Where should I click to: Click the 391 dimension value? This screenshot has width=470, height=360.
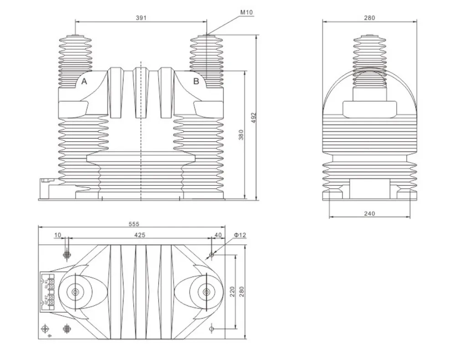(141, 18)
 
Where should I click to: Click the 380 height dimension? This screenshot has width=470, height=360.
(241, 135)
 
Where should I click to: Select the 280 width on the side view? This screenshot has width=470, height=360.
(369, 18)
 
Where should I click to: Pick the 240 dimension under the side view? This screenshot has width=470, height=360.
(370, 213)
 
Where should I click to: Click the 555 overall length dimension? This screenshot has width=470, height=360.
(133, 224)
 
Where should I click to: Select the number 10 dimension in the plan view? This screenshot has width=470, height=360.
(57, 235)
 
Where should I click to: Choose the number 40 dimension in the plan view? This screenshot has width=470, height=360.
(217, 235)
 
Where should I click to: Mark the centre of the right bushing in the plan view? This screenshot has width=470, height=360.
(206, 292)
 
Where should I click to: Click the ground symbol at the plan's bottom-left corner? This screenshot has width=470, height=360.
(45, 329)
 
